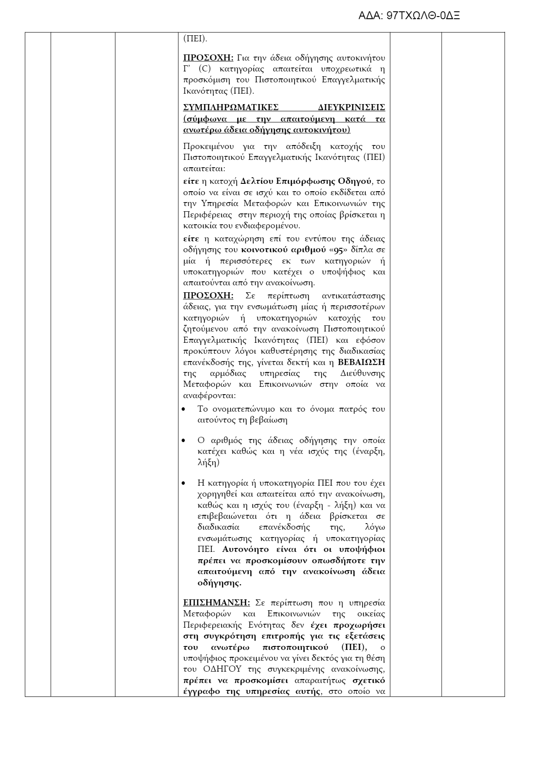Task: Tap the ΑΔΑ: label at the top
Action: tap(371, 16)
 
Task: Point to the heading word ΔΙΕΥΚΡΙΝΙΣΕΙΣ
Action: tap(351, 108)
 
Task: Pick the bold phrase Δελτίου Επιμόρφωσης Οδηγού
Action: tap(303, 181)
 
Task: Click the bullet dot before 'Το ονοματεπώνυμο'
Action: tap(184, 409)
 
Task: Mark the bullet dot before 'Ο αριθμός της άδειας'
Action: tap(184, 441)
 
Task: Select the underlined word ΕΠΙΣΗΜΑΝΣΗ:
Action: tap(216, 603)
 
